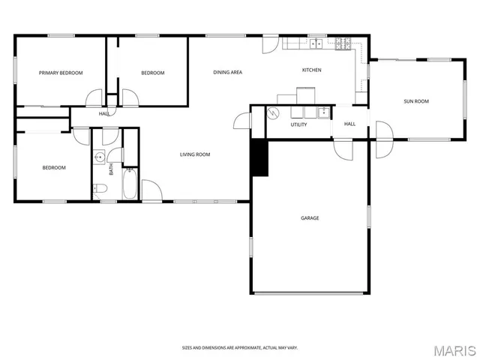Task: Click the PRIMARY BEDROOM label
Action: (61, 73)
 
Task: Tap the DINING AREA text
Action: (227, 72)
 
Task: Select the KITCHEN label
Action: (311, 70)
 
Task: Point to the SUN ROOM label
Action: (416, 101)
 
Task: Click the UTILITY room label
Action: (299, 124)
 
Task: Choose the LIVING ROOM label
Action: (194, 155)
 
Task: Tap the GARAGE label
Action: (310, 218)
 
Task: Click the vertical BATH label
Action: (112, 170)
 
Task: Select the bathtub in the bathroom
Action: (130, 184)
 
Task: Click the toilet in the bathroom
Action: (99, 188)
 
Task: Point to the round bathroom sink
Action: (98, 157)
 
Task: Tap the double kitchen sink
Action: (316, 43)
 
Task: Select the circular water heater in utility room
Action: (274, 113)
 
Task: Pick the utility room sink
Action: (323, 112)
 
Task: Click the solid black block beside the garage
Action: (259, 157)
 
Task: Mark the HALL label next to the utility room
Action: (349, 124)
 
